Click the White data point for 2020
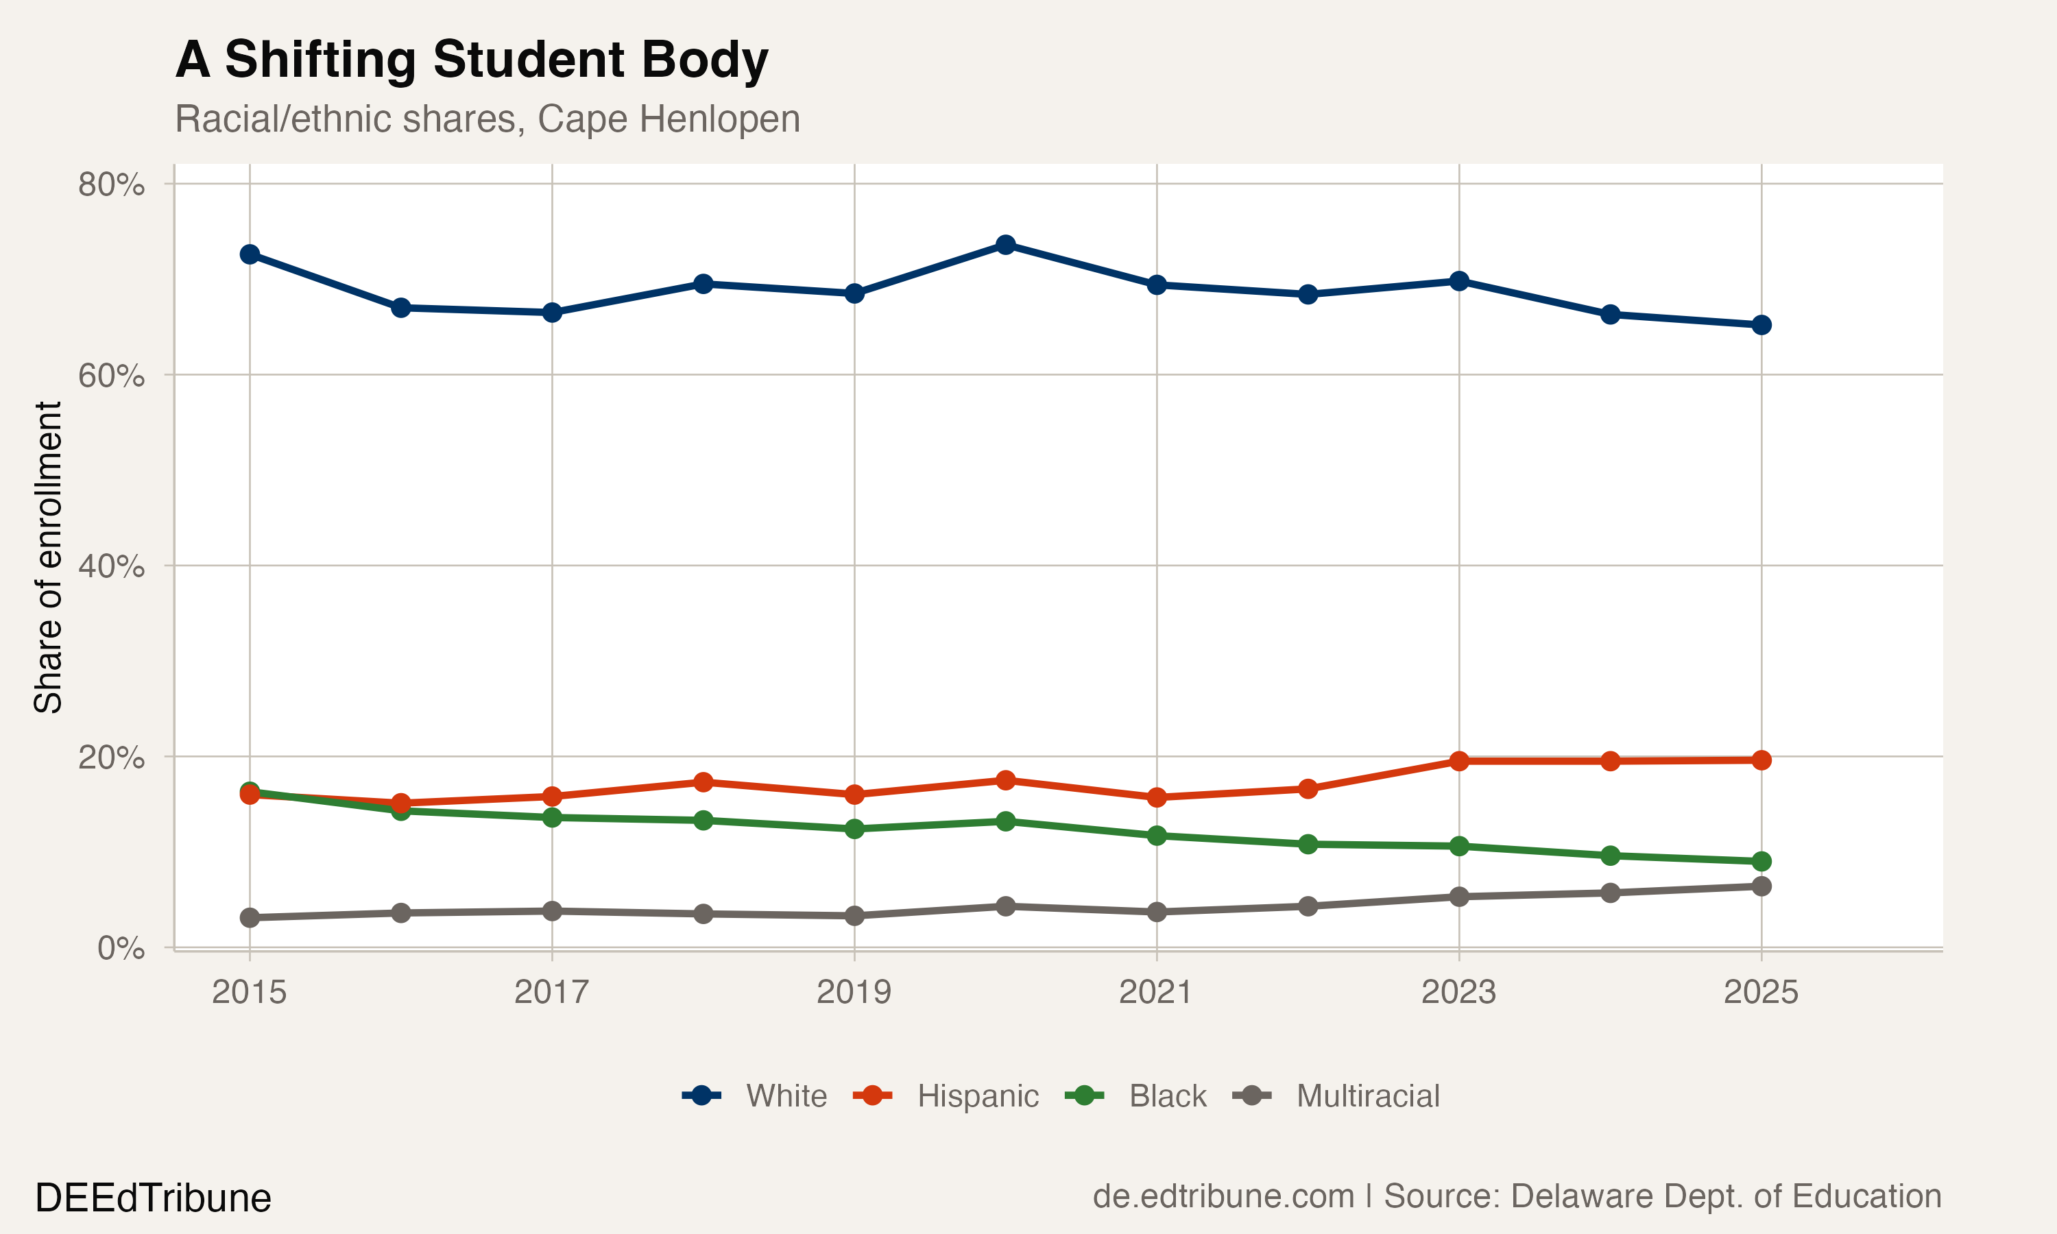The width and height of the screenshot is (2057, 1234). pos(1005,245)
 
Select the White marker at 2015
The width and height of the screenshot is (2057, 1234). pos(250,254)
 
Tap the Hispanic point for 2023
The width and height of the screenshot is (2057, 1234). pos(1458,761)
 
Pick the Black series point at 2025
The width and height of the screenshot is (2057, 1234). pos(1761,860)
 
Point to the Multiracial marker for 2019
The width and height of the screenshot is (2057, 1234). pos(854,915)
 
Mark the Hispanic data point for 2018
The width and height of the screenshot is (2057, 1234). pos(703,782)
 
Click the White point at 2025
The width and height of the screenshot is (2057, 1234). pos(1761,325)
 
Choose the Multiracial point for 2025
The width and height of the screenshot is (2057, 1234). pos(1761,886)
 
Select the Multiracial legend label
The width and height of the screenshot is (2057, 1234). pos(1368,1096)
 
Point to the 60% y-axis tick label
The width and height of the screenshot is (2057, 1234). pos(110,376)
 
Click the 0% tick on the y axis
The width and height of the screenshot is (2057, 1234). pos(121,948)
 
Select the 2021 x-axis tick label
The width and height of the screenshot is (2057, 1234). pos(1156,992)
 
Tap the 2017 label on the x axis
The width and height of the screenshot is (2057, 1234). pos(551,992)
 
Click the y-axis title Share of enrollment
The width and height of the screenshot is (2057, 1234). pos(48,557)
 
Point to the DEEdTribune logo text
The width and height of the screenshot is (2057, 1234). pos(153,1198)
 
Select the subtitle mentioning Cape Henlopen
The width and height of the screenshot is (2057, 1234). pos(488,119)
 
